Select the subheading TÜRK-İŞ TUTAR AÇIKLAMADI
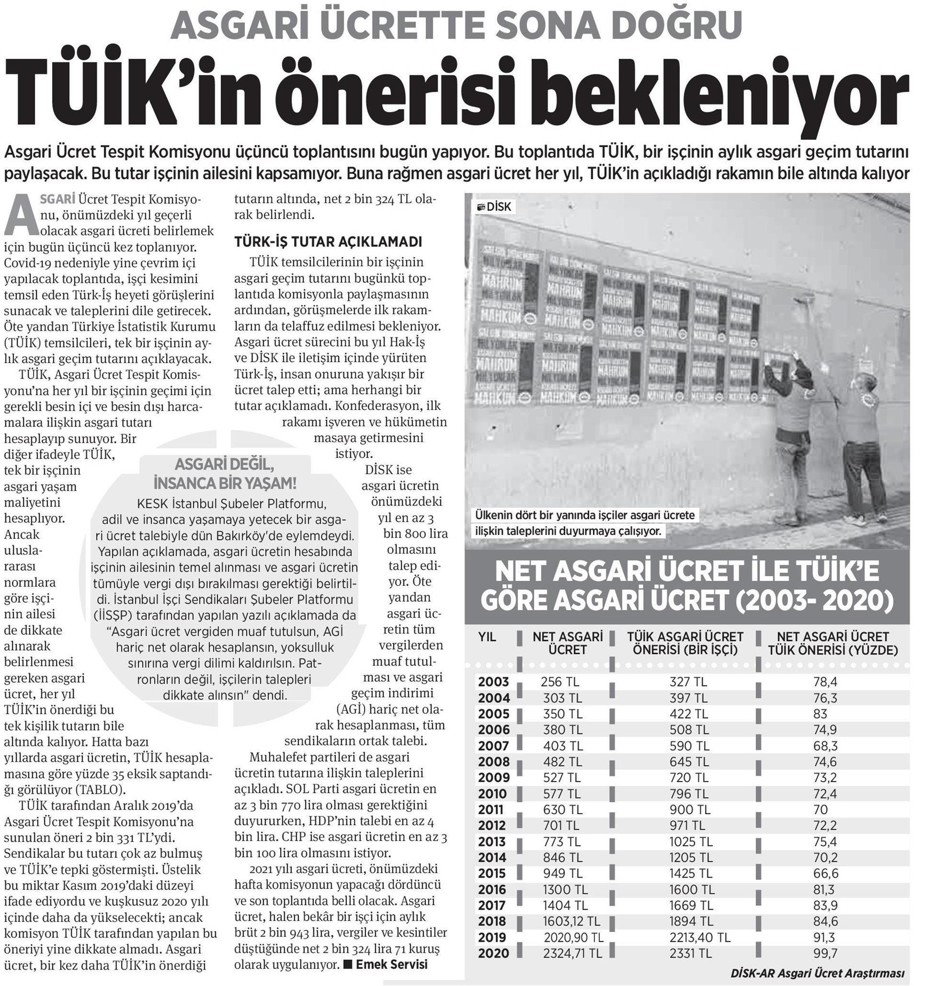328,242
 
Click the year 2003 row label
493,682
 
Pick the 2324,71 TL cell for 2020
573,953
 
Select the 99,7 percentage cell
824,953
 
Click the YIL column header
486,637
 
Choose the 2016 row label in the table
493,889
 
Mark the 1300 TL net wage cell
565,889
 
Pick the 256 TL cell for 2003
559,682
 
